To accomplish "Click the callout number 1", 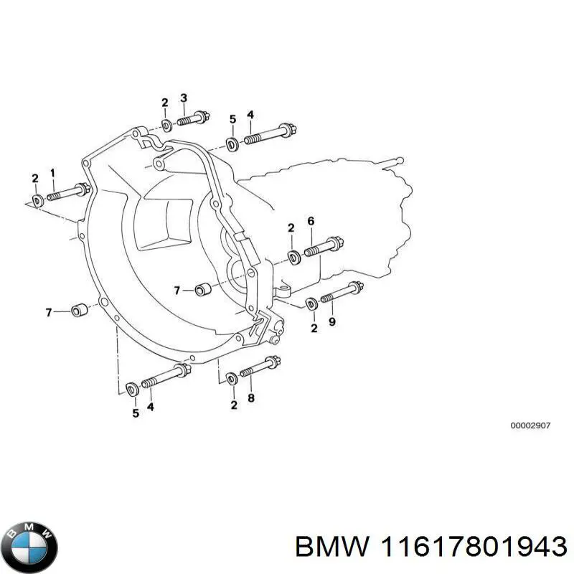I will [52, 173].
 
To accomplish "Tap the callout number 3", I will [184, 98].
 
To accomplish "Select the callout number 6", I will [311, 221].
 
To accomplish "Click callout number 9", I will [331, 322].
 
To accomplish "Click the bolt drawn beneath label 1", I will [68, 193].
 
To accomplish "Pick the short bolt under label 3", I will [192, 118].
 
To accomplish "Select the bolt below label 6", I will [324, 247].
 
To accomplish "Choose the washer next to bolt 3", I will [165, 126].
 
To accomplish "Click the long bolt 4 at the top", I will [265, 135].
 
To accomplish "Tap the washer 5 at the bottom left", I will [132, 389].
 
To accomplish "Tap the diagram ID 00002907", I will [530, 425].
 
